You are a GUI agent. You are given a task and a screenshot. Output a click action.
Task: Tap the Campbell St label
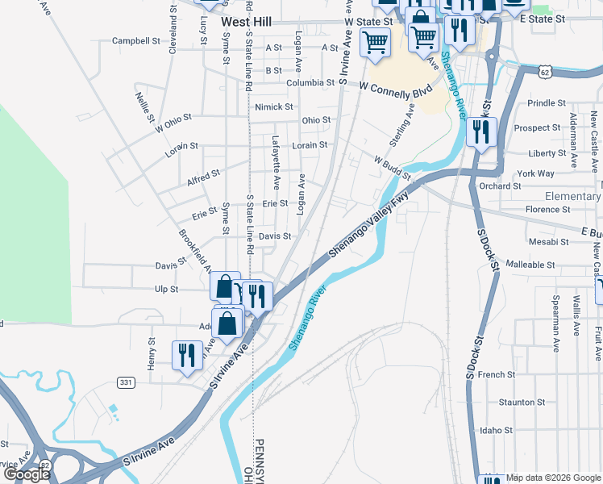[137, 40]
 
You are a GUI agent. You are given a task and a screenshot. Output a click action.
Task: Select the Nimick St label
[273, 106]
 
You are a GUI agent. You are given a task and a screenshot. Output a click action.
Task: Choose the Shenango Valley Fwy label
[369, 227]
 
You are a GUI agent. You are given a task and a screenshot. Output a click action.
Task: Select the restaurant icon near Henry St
[187, 356]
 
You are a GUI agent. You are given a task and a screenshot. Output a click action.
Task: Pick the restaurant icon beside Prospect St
[481, 131]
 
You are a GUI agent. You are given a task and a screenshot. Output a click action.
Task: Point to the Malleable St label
[530, 265]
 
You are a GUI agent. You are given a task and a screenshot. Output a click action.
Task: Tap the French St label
[496, 374]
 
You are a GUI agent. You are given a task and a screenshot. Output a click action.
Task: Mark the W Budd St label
[392, 167]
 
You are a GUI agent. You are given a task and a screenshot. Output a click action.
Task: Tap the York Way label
[536, 173]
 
